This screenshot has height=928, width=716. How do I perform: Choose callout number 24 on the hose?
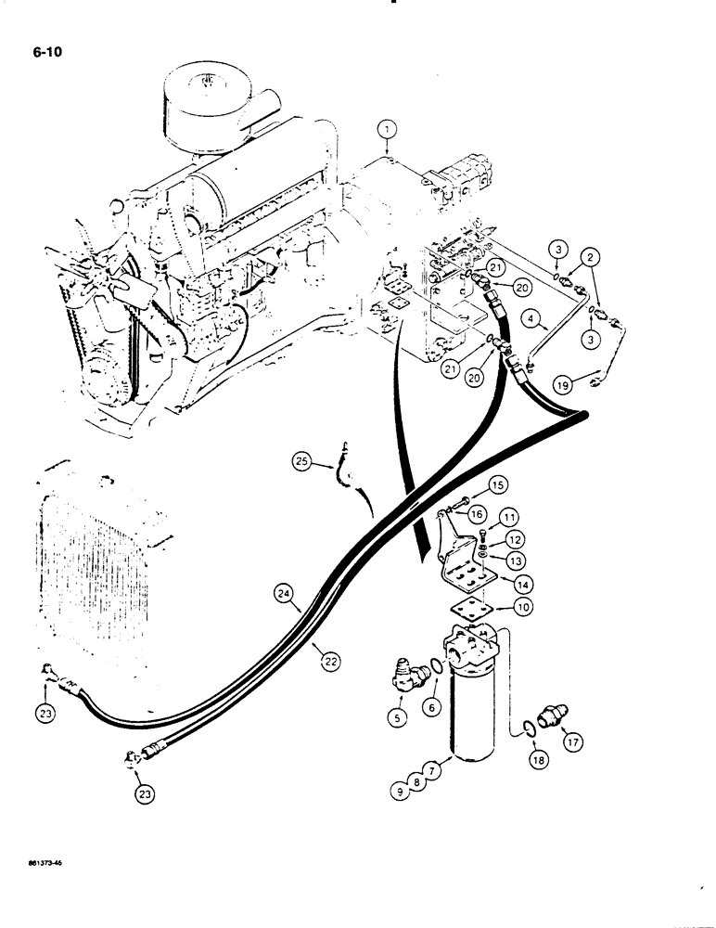(285, 590)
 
